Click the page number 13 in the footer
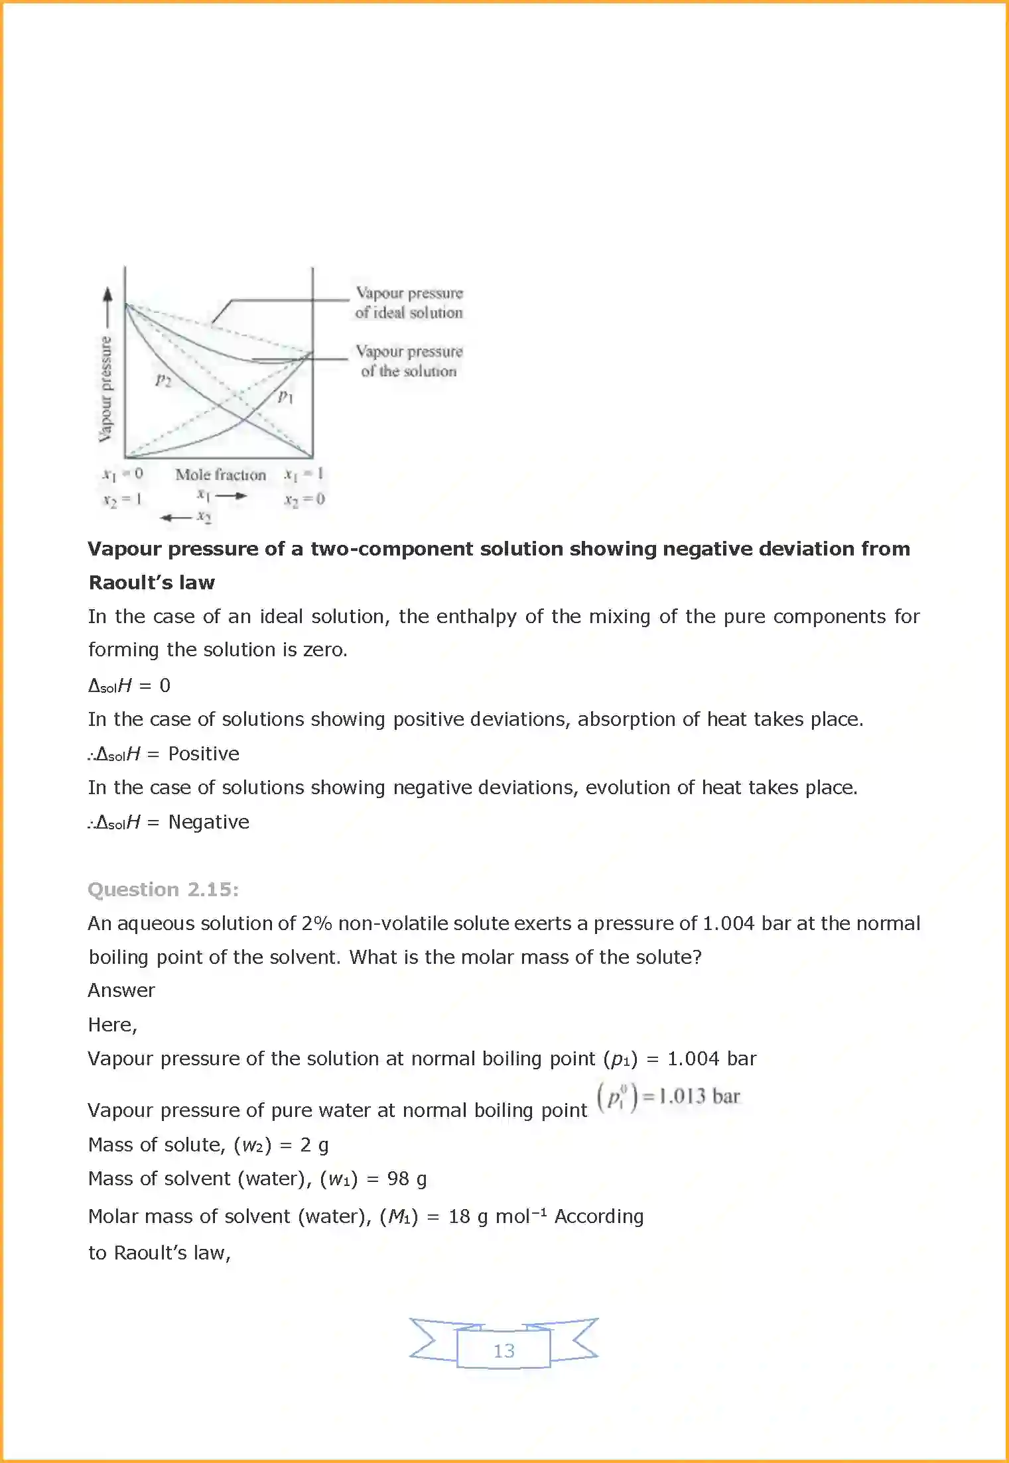(x=504, y=1350)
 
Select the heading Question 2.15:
(x=163, y=889)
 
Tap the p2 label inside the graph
(x=163, y=380)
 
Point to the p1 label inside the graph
(x=285, y=396)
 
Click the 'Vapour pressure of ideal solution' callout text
(x=409, y=303)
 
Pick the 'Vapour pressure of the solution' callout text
(x=409, y=361)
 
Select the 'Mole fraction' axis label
(x=220, y=475)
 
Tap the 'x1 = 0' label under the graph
(x=123, y=474)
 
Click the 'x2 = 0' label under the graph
(x=304, y=499)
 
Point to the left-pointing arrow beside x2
(x=175, y=517)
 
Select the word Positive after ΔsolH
(x=204, y=754)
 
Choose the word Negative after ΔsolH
(x=209, y=822)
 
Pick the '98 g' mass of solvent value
(x=407, y=1179)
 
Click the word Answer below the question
(x=121, y=990)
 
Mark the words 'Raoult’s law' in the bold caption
(x=152, y=583)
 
